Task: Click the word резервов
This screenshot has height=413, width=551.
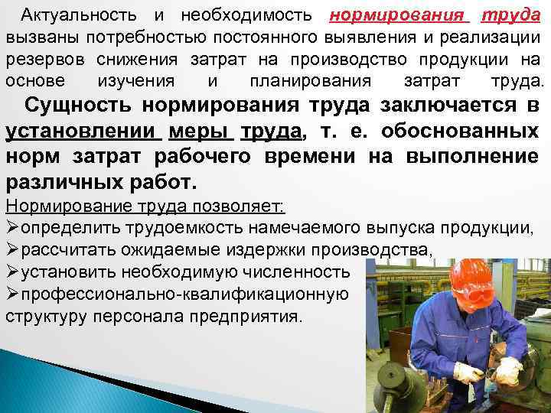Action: coord(46,59)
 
